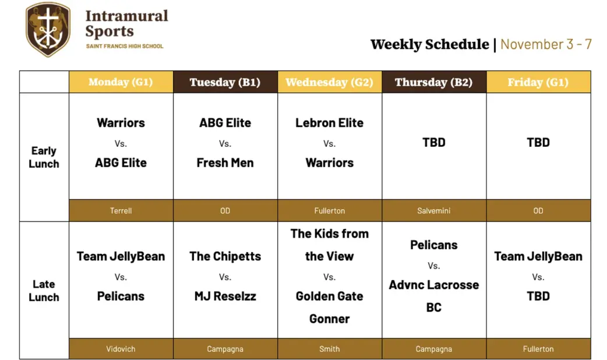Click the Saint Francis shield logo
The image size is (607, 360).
(48, 29)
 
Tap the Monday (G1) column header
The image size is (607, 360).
(121, 82)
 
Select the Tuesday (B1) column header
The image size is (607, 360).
(225, 82)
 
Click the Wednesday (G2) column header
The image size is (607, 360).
(329, 82)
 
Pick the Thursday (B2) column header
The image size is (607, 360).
(433, 82)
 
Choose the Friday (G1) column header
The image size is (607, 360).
(538, 82)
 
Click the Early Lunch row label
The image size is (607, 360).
(44, 157)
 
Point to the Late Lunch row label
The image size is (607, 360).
(44, 290)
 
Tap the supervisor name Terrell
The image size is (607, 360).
(121, 211)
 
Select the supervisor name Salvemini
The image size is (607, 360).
(433, 211)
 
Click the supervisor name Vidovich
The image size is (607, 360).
(121, 349)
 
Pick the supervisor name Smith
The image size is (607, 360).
(329, 349)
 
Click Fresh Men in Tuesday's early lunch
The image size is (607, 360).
(225, 163)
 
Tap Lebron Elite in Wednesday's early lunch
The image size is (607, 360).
(329, 123)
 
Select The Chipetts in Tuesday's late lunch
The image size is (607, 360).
(225, 256)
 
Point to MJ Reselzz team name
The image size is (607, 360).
(225, 297)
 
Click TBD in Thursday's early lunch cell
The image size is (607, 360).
(433, 143)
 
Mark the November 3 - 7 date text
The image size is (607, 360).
(546, 44)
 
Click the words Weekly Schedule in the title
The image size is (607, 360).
(429, 44)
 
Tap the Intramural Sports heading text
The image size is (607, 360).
(126, 23)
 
